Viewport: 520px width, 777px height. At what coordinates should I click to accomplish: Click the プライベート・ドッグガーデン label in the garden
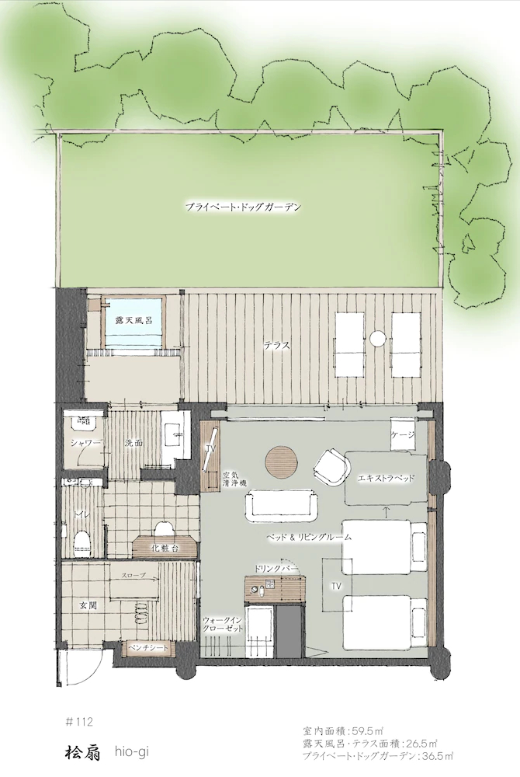(x=243, y=207)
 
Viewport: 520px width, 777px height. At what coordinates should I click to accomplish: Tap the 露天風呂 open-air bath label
(x=131, y=320)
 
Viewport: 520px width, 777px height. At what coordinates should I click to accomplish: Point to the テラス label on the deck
(x=276, y=346)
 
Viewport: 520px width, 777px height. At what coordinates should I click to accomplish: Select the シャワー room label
(x=87, y=443)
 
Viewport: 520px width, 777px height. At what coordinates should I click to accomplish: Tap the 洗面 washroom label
(x=133, y=443)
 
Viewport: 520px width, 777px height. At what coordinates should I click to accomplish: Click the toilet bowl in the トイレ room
(x=81, y=542)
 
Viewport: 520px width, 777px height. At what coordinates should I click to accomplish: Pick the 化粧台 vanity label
(x=165, y=548)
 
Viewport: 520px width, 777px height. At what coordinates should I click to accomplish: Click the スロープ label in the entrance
(x=134, y=576)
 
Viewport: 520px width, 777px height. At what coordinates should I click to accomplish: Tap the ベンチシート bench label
(x=148, y=648)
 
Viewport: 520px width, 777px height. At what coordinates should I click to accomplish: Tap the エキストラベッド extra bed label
(x=386, y=479)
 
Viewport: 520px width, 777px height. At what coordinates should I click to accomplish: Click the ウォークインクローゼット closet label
(x=224, y=624)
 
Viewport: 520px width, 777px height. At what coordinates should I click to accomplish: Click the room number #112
(x=79, y=722)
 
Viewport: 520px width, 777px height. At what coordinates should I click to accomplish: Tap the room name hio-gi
(x=132, y=752)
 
